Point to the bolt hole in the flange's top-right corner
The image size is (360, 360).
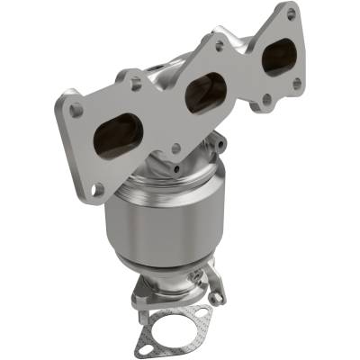pyautogui.click(x=291, y=14)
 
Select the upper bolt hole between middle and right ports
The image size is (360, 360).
pyautogui.click(x=219, y=42)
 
